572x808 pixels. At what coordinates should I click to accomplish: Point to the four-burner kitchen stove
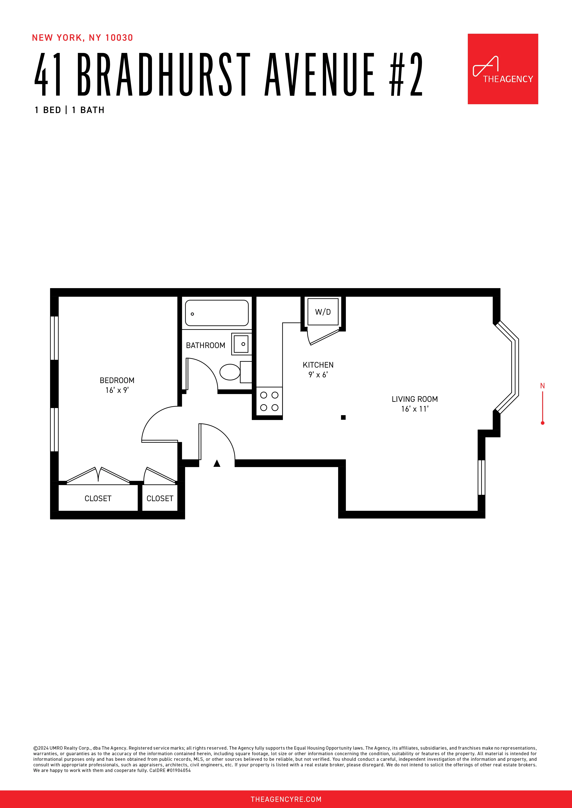pyautogui.click(x=269, y=401)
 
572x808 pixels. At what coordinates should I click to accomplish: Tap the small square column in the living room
pyautogui.click(x=343, y=417)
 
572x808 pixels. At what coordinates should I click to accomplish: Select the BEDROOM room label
pyautogui.click(x=117, y=380)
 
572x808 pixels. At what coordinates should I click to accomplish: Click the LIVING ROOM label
pyautogui.click(x=414, y=399)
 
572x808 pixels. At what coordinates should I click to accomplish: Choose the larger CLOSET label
pyautogui.click(x=98, y=498)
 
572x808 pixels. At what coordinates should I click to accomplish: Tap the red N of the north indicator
pyautogui.click(x=542, y=386)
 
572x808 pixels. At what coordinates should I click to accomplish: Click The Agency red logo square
pyautogui.click(x=503, y=69)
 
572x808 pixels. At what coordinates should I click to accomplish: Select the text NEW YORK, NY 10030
pyautogui.click(x=82, y=38)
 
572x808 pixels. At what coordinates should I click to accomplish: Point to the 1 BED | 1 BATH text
pyautogui.click(x=69, y=110)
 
